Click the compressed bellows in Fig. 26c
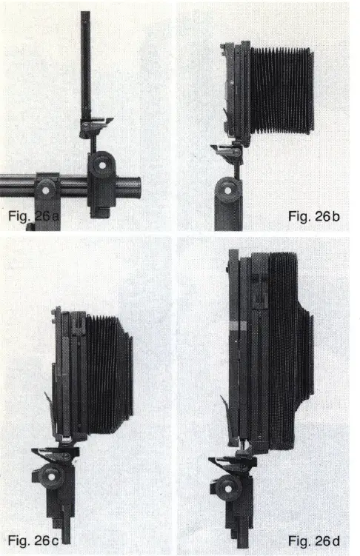pyautogui.click(x=110, y=374)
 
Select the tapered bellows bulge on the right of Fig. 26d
pyautogui.click(x=305, y=370)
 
